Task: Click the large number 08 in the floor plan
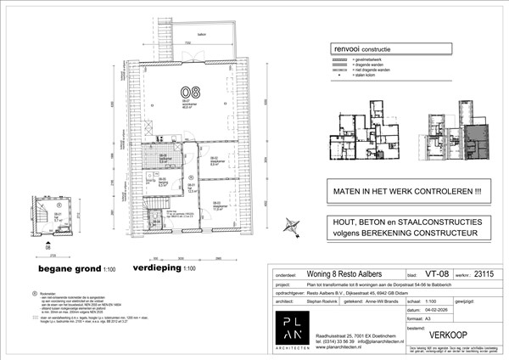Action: (x=185, y=92)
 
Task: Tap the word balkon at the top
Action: (x=200, y=34)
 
